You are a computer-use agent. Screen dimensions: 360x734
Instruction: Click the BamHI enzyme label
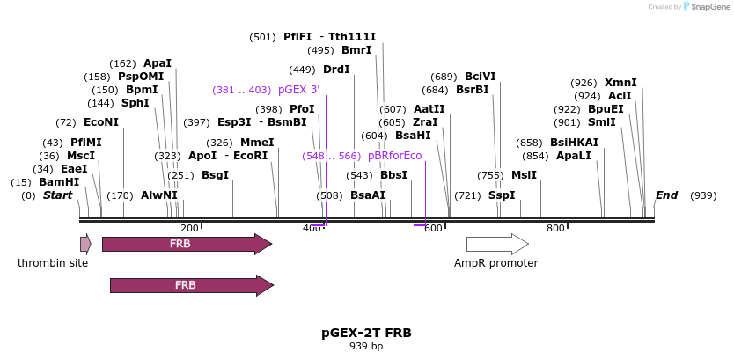click(x=59, y=182)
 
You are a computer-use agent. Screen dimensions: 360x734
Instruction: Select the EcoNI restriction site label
click(x=100, y=122)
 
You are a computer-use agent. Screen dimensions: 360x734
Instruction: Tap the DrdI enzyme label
click(x=336, y=70)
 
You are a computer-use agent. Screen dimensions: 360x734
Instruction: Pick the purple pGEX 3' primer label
click(x=298, y=90)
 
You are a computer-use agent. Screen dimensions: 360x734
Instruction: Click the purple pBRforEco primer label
click(x=394, y=156)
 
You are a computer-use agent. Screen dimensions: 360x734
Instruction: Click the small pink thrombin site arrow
click(x=85, y=244)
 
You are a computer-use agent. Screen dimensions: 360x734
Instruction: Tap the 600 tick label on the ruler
click(x=433, y=229)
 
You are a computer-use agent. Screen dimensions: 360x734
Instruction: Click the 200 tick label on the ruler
click(x=189, y=229)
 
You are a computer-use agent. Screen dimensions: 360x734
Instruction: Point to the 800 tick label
click(x=555, y=229)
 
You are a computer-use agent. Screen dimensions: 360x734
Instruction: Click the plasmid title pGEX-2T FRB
click(x=366, y=334)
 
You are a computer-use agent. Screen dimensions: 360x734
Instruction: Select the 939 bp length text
click(x=366, y=347)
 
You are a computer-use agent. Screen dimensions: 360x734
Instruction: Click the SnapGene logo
click(x=706, y=7)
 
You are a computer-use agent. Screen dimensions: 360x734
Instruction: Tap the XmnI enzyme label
click(x=620, y=83)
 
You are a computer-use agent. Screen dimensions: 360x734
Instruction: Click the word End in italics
click(x=666, y=195)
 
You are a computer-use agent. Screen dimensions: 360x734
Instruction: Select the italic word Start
click(x=57, y=195)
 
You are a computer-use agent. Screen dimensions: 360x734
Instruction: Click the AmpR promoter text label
click(x=495, y=263)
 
